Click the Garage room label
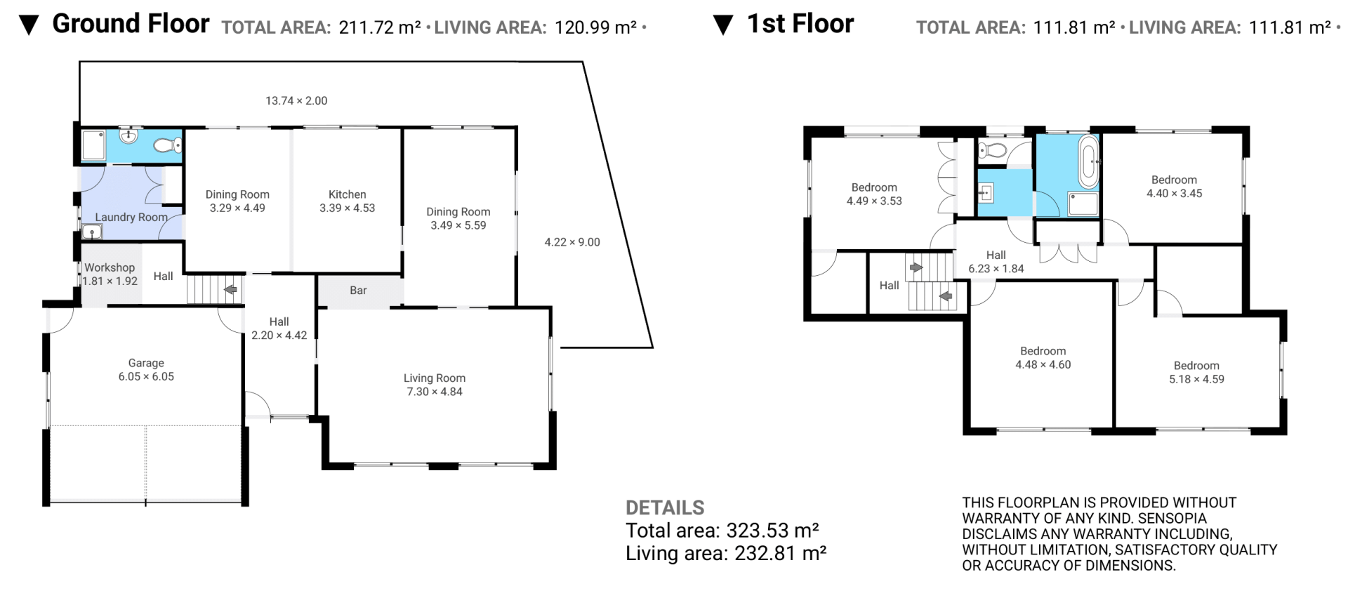(146, 363)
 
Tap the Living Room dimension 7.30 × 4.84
(435, 392)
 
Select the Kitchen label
(348, 194)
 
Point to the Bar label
(358, 291)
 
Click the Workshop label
(110, 267)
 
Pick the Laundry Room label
(131, 218)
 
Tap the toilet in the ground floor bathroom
(167, 145)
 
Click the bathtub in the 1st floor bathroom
(1088, 162)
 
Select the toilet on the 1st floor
(992, 150)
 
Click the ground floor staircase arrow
(230, 289)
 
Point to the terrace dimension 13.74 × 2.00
(296, 101)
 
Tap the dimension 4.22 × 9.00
(572, 242)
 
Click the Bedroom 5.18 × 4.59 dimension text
(1196, 379)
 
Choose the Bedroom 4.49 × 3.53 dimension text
(874, 201)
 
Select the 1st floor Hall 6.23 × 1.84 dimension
(996, 269)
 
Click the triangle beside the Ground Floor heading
(29, 26)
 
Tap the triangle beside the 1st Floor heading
(723, 26)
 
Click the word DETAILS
(665, 507)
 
